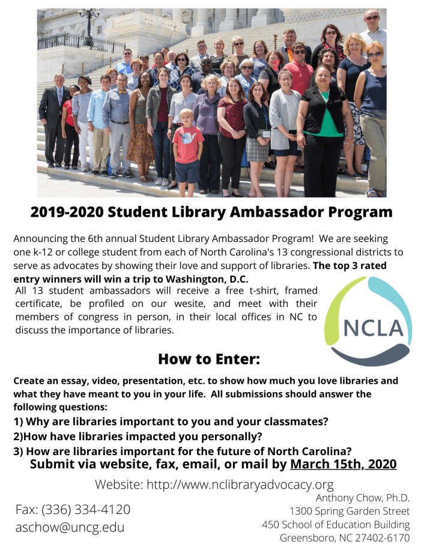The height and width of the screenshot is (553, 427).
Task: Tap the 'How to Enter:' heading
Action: (208, 359)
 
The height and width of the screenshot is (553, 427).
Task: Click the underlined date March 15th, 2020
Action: (343, 464)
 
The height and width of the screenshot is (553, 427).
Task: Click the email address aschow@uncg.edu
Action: (70, 528)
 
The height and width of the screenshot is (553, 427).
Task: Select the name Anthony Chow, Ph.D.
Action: (362, 498)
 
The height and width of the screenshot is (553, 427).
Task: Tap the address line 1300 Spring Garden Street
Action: (350, 511)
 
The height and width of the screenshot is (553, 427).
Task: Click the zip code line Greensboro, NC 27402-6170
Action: (344, 537)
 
